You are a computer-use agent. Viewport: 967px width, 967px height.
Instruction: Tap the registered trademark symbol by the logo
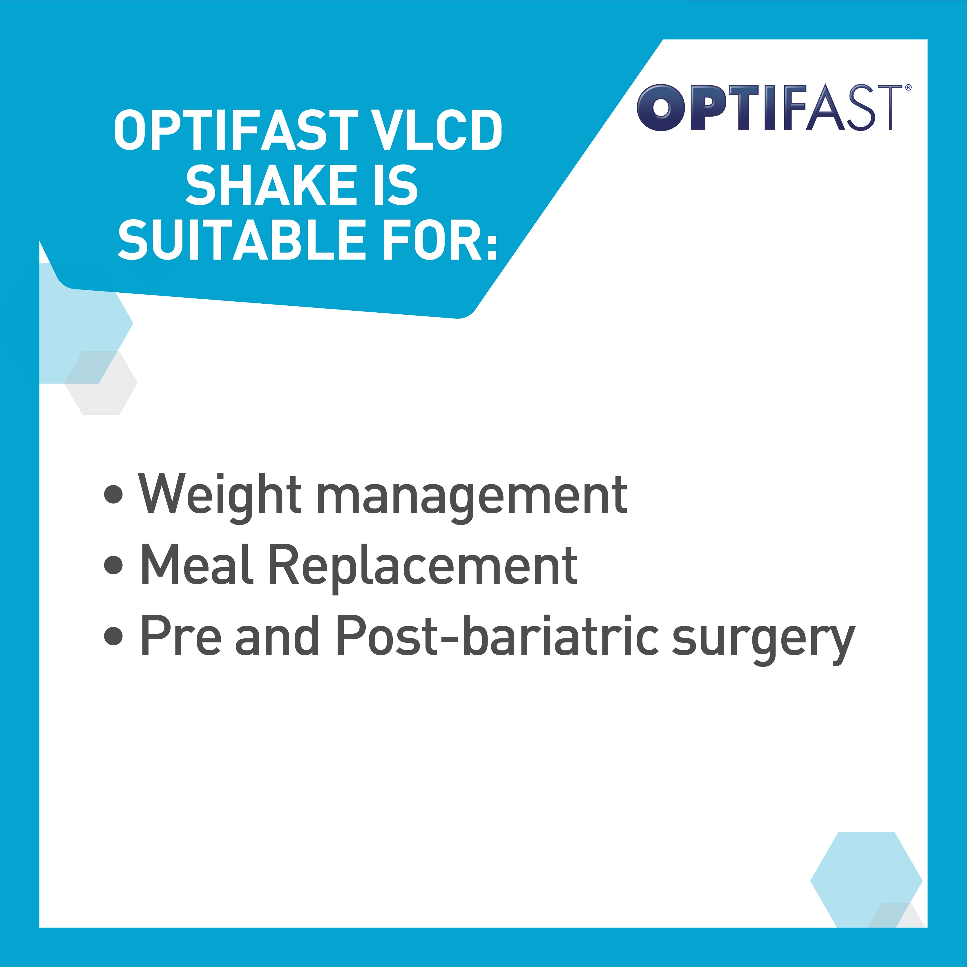tap(908, 88)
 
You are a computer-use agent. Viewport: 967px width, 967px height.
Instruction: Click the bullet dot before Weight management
tap(114, 495)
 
